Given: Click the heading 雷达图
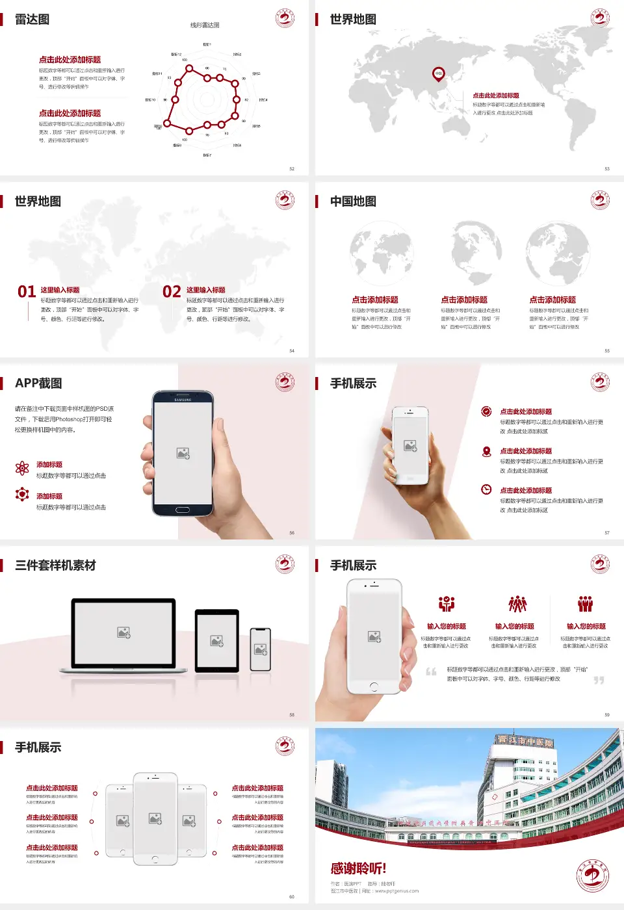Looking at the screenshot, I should point(32,19).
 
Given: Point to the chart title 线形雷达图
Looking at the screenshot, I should point(205,25).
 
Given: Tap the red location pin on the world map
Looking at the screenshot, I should point(439,73).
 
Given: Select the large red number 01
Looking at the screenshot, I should point(27,292).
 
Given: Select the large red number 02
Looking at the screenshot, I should point(172,292).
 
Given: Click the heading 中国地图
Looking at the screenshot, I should point(353,201).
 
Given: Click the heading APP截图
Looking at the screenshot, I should point(38,383).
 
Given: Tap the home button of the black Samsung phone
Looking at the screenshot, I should point(183,510).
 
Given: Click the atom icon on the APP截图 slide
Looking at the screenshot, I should point(22,468).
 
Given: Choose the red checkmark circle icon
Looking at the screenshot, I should point(486,411).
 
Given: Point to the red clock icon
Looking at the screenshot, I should point(486,489).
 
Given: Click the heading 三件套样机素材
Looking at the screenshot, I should point(55,565).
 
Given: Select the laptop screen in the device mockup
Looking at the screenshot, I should point(123,632).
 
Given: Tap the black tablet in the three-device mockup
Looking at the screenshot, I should point(217,641).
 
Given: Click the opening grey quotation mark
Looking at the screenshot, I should point(431,671).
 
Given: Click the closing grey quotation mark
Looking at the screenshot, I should point(599,680).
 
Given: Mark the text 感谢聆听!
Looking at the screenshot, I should point(358,868).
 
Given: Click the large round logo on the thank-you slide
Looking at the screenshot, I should point(592,875).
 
